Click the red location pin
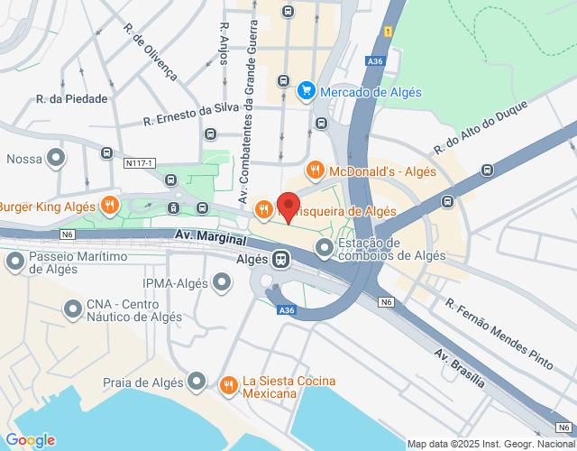click(288, 206)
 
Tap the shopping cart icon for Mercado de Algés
click(307, 91)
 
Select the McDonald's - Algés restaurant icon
click(315, 169)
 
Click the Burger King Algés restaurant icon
click(109, 205)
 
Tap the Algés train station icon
click(281, 260)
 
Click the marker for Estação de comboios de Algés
click(325, 246)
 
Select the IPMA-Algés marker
click(222, 284)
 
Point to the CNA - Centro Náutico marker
click(73, 310)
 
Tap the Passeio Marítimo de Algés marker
click(14, 262)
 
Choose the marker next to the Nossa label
click(56, 159)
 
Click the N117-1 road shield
click(140, 163)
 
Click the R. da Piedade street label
click(71, 98)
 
